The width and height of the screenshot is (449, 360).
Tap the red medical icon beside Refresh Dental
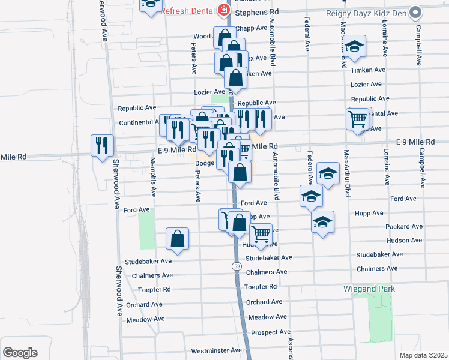(224, 10)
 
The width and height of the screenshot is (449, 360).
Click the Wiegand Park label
(369, 289)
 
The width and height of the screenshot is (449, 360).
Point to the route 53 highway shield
(237, 265)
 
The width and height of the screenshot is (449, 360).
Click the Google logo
(20, 353)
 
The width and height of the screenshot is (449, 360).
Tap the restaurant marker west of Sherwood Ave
(102, 145)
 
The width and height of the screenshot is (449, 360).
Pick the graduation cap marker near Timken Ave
(355, 47)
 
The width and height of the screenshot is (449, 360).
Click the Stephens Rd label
(258, 12)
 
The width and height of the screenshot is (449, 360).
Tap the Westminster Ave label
(216, 350)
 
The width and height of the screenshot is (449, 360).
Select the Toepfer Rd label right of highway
(261, 287)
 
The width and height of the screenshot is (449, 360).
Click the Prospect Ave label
(270, 332)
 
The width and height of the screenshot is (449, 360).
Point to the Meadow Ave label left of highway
(146, 320)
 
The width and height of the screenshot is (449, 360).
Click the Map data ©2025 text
(423, 355)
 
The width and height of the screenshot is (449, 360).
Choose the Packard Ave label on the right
(406, 227)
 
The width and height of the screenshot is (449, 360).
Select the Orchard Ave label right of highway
(264, 302)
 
